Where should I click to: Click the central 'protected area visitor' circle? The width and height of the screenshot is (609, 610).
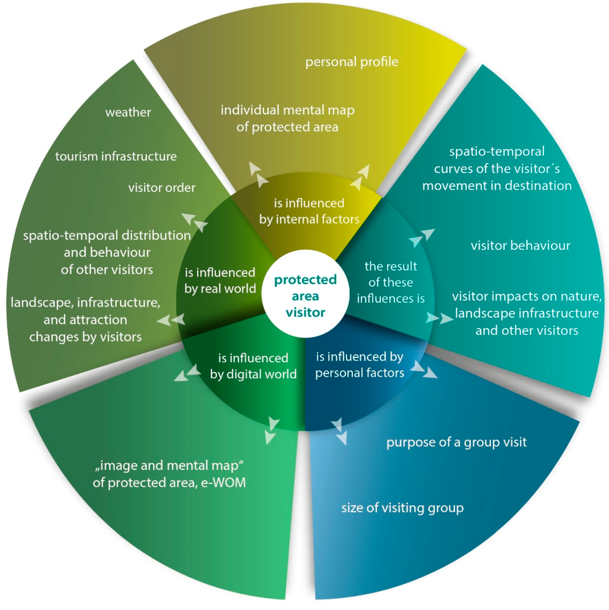click(x=305, y=296)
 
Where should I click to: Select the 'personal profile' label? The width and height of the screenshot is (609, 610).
click(x=352, y=62)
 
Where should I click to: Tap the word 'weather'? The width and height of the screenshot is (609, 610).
click(x=128, y=112)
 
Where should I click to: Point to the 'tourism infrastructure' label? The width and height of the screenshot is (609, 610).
click(x=116, y=156)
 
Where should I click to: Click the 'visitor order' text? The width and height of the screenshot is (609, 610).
click(x=162, y=188)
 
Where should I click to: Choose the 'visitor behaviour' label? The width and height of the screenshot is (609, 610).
click(x=520, y=246)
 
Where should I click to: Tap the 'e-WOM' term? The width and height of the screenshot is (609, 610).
click(x=223, y=483)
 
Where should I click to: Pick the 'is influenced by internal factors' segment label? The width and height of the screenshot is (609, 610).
click(x=309, y=211)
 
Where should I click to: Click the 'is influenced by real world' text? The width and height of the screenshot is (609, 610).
click(x=220, y=280)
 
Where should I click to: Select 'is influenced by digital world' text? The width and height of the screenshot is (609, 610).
click(x=253, y=366)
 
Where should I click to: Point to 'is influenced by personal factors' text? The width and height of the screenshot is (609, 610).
click(x=360, y=365)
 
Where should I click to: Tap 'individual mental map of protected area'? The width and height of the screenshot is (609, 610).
click(x=287, y=118)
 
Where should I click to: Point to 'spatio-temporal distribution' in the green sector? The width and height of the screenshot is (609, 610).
click(x=107, y=235)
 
